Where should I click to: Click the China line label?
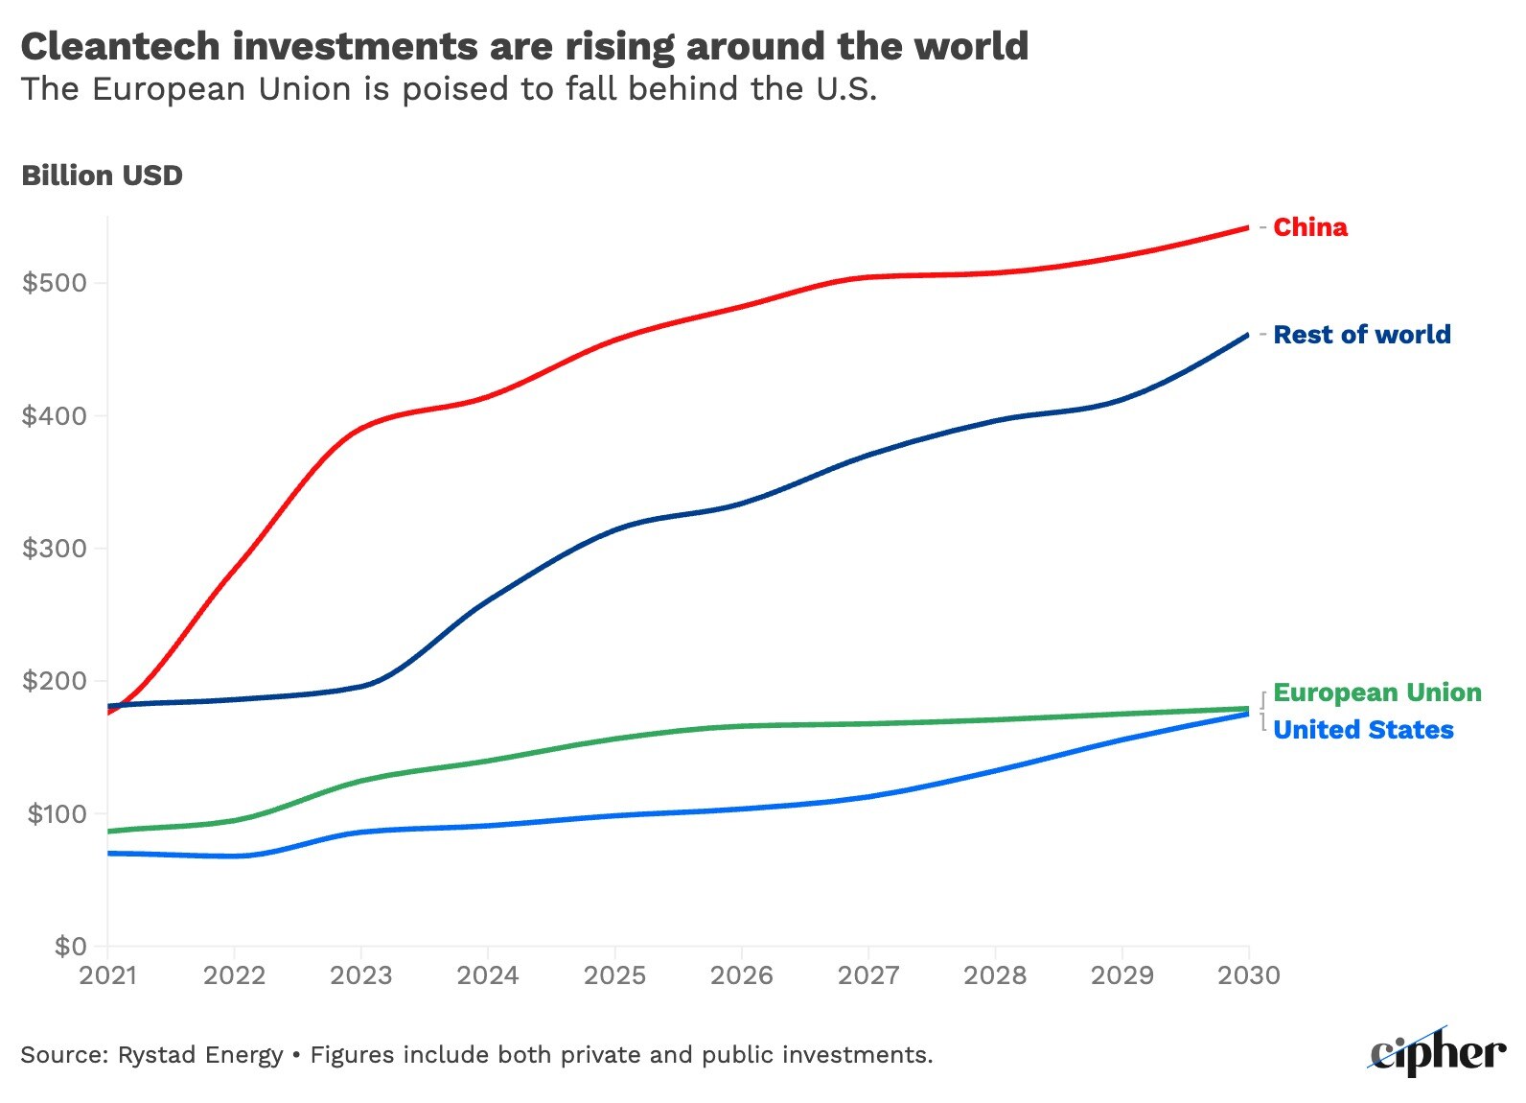point(1309,227)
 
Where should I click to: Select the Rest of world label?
point(1361,335)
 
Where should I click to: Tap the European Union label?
point(1376,692)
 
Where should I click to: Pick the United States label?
point(1363,730)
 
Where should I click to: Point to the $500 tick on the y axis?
point(55,283)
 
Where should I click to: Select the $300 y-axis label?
point(55,549)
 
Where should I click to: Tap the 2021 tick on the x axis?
point(107,975)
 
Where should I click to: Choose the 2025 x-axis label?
point(614,975)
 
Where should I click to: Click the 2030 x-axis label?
point(1248,975)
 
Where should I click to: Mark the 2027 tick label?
point(868,975)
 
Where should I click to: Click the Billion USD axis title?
point(102,176)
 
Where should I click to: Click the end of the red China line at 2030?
point(1247,228)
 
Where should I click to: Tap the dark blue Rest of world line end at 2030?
point(1247,335)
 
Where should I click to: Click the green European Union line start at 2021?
point(108,831)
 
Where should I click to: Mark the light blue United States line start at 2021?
point(108,853)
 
